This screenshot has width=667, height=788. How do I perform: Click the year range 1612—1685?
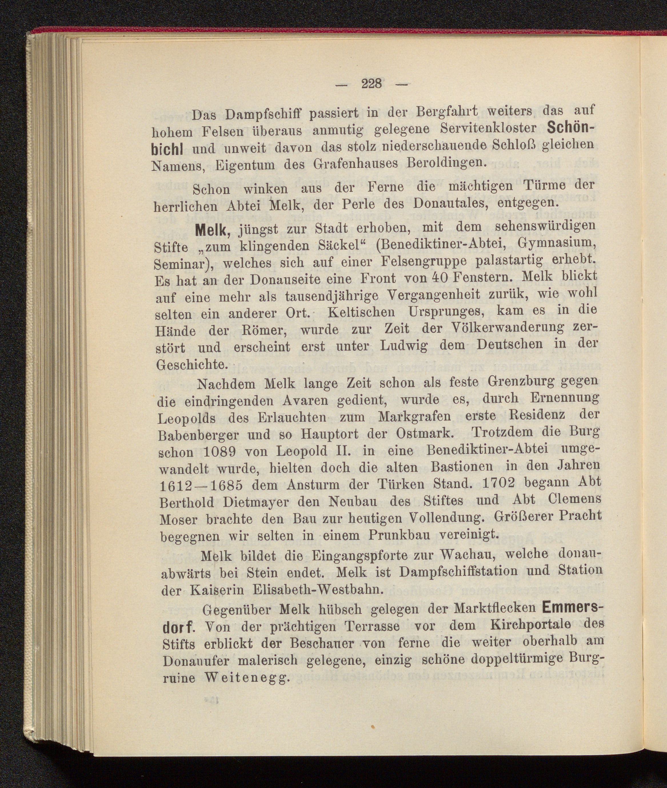point(202,485)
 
